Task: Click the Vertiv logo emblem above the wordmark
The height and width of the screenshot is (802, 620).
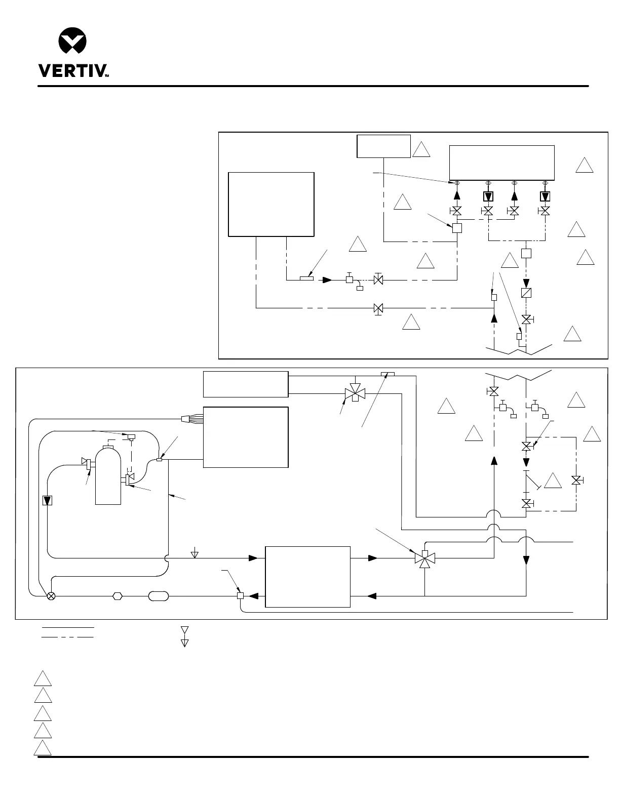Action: (x=72, y=41)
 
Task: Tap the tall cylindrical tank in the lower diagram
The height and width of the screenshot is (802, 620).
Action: (x=108, y=476)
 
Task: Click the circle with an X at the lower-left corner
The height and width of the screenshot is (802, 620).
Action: (x=51, y=596)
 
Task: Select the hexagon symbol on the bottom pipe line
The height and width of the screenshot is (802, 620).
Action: (x=118, y=596)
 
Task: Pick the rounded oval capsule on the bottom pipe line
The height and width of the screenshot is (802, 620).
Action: (x=158, y=596)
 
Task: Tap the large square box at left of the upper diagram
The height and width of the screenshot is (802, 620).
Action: (x=271, y=204)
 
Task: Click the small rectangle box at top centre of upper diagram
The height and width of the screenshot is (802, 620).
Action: (x=383, y=146)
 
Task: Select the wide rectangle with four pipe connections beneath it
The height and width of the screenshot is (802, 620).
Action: (x=501, y=163)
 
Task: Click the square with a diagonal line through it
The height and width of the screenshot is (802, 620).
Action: (x=526, y=293)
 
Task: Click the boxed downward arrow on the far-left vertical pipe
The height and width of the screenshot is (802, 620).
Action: (x=47, y=500)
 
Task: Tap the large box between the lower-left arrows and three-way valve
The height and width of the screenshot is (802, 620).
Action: (x=307, y=576)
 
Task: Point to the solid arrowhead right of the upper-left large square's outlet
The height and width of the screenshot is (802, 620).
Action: (x=328, y=279)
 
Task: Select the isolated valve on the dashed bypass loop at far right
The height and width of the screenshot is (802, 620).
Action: (x=576, y=480)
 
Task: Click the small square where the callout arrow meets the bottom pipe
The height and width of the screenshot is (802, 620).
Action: (x=241, y=596)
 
